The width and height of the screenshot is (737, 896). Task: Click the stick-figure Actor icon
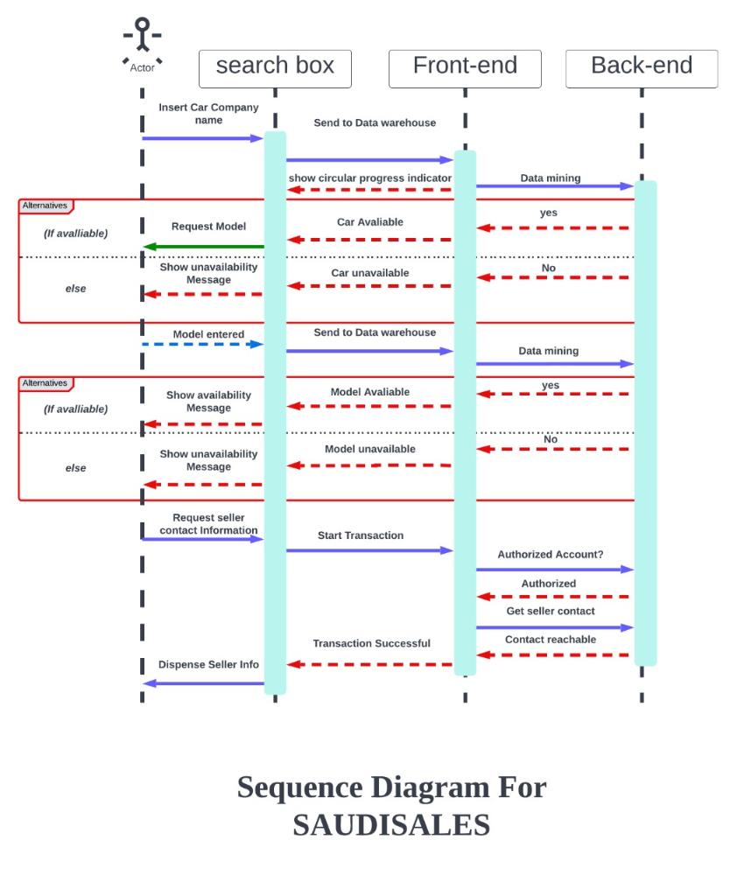(x=142, y=41)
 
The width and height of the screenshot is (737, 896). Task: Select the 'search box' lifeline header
(x=275, y=67)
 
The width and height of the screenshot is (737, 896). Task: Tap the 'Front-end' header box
(x=465, y=67)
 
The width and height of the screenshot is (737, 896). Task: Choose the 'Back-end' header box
(x=642, y=67)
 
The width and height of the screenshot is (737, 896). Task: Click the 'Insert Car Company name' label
(x=208, y=114)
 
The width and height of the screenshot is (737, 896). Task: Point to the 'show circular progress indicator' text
(x=370, y=178)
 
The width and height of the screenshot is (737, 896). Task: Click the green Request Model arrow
(x=204, y=247)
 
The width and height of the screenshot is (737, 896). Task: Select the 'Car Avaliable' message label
(x=370, y=222)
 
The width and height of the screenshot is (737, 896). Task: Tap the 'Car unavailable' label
(x=370, y=273)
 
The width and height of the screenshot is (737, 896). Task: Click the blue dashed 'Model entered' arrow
(x=203, y=344)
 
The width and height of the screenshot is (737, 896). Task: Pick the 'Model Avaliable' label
(x=370, y=392)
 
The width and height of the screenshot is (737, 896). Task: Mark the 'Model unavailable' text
(x=370, y=449)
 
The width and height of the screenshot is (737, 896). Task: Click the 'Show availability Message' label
(x=208, y=402)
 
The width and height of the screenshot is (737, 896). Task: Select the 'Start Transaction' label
(x=361, y=535)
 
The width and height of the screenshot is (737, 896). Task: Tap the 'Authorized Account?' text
(x=551, y=555)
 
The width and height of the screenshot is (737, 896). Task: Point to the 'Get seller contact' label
(x=551, y=611)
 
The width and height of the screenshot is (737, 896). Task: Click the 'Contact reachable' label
(x=551, y=640)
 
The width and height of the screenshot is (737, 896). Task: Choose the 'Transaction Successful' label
(x=372, y=644)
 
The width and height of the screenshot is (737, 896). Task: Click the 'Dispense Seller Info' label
(x=208, y=665)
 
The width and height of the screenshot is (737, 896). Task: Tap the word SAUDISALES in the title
(x=391, y=825)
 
